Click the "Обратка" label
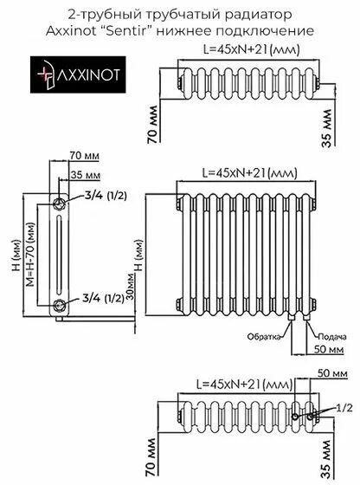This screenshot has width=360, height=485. point(262,335)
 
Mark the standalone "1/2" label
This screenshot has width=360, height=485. point(344,405)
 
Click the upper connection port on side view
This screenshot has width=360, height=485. point(59,204)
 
